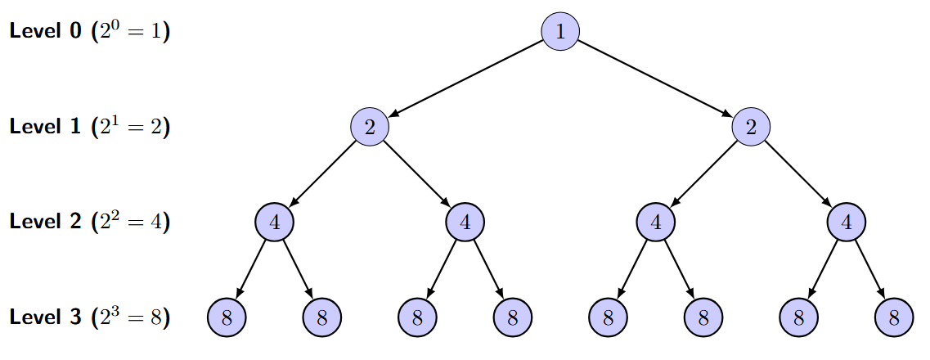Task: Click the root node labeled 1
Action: pos(560,32)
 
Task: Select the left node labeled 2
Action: pos(369,127)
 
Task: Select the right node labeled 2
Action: pos(751,127)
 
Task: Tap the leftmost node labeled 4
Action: pos(274,222)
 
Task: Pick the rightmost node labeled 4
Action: pos(847,222)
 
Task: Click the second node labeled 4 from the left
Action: pos(465,222)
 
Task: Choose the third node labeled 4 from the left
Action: pos(656,222)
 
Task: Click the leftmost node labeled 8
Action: pos(227,317)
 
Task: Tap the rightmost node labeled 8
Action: pos(894,317)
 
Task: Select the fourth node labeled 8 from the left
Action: pos(513,317)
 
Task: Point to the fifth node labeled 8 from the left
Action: pos(608,317)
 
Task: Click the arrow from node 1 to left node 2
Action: pos(465,79)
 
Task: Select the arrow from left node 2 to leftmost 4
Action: pos(321,174)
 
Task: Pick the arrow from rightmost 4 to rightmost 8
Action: pos(870,270)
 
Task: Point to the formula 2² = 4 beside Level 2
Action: pos(131,222)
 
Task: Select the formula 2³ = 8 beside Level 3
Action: pos(131,317)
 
